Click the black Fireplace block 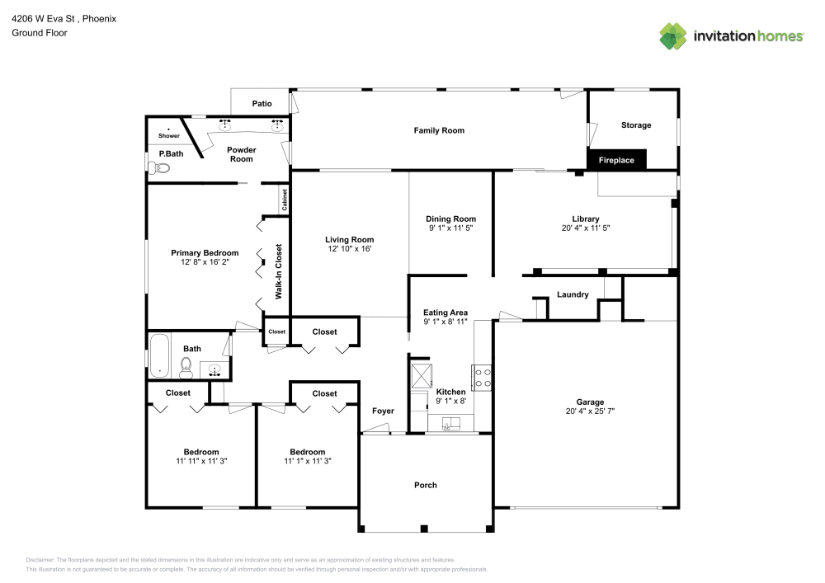616,160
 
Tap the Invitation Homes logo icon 672,35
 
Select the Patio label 262,104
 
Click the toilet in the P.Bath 161,168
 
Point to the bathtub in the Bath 158,355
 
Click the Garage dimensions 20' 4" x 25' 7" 591,411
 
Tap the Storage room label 635,125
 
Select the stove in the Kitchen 482,378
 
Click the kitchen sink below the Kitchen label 450,425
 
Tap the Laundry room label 572,294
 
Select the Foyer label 383,411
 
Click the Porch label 426,485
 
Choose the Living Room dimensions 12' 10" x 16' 350,248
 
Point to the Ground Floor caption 39,33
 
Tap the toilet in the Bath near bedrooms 186,365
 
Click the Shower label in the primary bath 168,135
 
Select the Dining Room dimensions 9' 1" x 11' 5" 450,228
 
